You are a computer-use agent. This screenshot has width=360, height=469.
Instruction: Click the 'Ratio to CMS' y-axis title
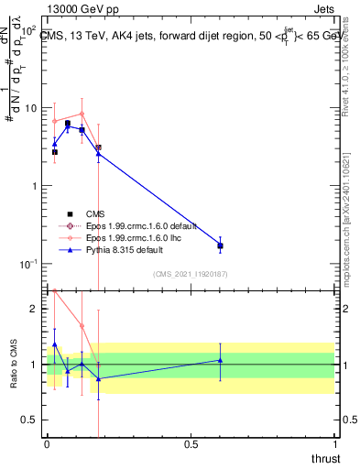(14, 364)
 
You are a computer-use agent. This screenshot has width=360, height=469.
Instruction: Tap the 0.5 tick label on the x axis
(191, 443)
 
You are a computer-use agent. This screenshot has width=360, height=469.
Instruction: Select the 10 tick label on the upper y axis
(30, 108)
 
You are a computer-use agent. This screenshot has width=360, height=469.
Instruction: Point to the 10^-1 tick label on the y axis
(27, 264)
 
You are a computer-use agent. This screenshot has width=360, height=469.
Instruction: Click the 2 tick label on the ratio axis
(35, 309)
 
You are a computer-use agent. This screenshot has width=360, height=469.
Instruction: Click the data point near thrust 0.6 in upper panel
(220, 245)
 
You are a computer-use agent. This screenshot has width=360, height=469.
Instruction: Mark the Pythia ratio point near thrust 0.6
(220, 360)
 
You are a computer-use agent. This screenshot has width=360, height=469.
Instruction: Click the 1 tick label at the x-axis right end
(335, 443)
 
